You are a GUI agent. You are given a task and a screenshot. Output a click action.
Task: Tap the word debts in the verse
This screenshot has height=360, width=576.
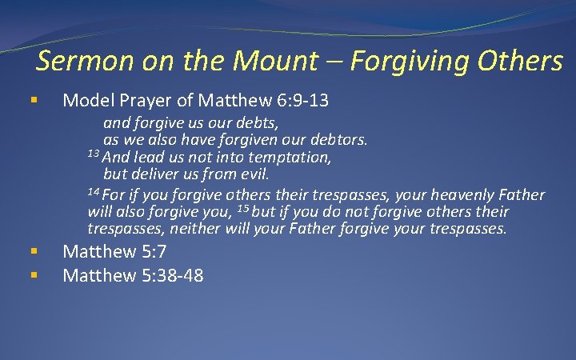pyautogui.click(x=256, y=124)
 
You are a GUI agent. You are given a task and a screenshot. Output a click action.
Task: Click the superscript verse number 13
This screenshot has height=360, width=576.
pyautogui.click(x=93, y=154)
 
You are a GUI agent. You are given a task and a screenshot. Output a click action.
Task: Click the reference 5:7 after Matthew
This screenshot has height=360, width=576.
pyautogui.click(x=150, y=252)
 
